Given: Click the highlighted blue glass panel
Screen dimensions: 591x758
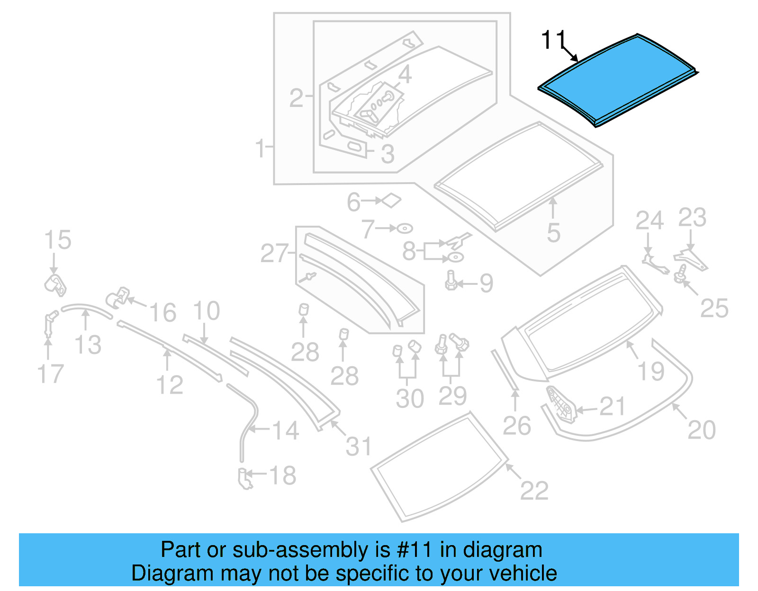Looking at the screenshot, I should (616, 80).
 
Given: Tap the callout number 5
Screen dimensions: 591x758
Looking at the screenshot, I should (553, 233).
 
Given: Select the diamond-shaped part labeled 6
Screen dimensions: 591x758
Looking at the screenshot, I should (391, 201).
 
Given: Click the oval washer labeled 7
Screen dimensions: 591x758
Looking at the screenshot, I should (405, 229).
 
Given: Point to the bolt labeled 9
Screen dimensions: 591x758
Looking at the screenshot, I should (451, 280).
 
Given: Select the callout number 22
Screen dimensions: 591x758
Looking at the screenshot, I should (534, 490).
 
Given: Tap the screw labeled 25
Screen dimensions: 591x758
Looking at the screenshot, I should (681, 273).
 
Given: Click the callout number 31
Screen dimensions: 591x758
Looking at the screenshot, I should (359, 446).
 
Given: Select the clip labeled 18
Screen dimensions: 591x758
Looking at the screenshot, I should (245, 478).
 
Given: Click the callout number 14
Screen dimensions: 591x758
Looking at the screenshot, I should (286, 430).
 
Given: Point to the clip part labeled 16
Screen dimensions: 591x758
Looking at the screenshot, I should (117, 297).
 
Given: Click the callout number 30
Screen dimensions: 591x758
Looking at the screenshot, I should (409, 398).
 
